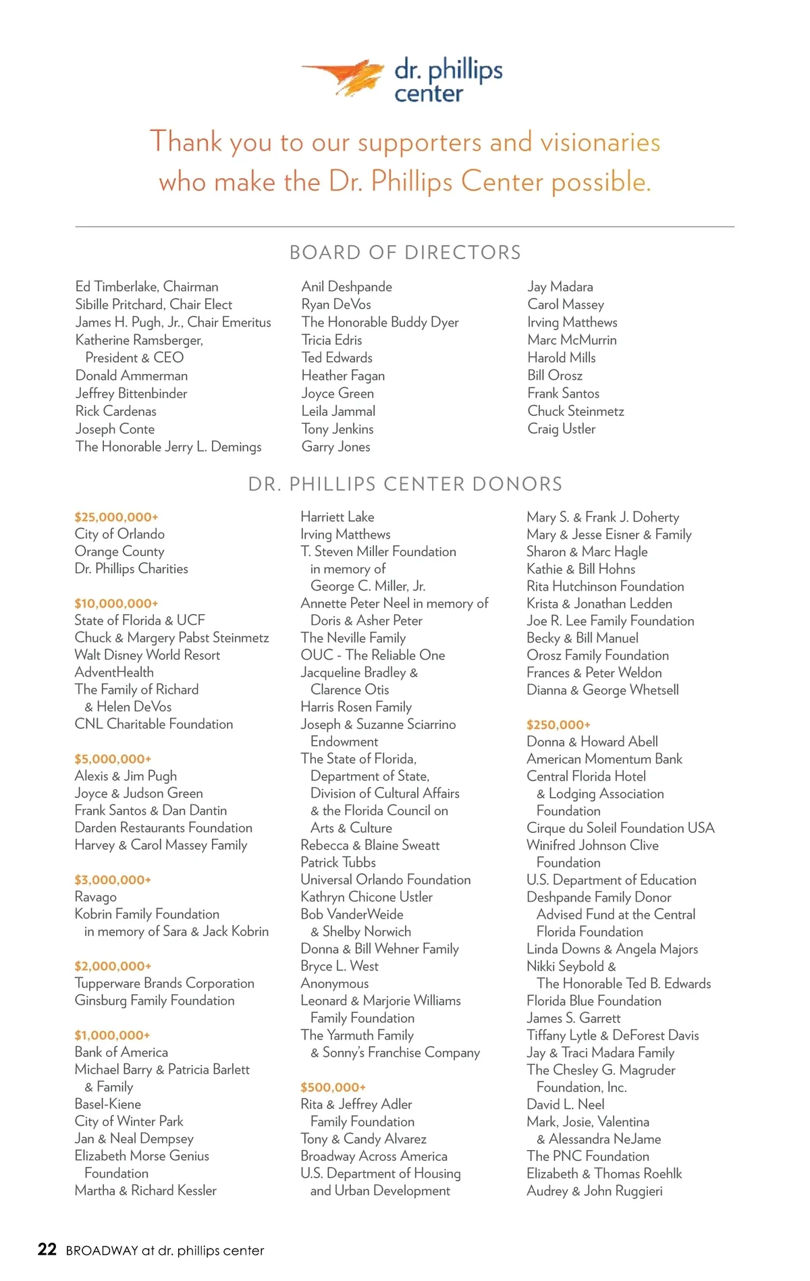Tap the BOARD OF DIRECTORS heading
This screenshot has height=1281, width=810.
(x=405, y=252)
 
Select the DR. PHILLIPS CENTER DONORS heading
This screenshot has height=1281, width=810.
(x=405, y=484)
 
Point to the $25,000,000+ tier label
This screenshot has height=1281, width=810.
(x=116, y=517)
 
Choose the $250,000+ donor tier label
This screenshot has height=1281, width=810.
(x=558, y=725)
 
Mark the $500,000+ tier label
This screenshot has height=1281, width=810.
(x=333, y=1087)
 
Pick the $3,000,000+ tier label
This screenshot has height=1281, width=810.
(x=113, y=880)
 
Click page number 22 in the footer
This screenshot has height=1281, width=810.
(x=47, y=1250)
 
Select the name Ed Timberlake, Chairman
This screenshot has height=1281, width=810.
(x=146, y=287)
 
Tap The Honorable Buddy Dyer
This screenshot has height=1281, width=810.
(x=380, y=323)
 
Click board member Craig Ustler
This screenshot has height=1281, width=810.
(x=562, y=429)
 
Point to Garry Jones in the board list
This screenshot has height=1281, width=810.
(x=335, y=447)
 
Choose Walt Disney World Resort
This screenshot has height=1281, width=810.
(x=147, y=655)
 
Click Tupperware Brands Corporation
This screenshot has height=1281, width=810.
(x=165, y=983)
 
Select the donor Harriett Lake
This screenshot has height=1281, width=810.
(x=337, y=517)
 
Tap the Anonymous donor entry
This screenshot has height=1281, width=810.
(x=335, y=984)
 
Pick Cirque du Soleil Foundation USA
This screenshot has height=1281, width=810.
(x=620, y=828)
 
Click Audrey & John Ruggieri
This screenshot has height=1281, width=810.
(x=595, y=1191)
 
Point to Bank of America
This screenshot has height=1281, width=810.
(x=122, y=1052)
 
